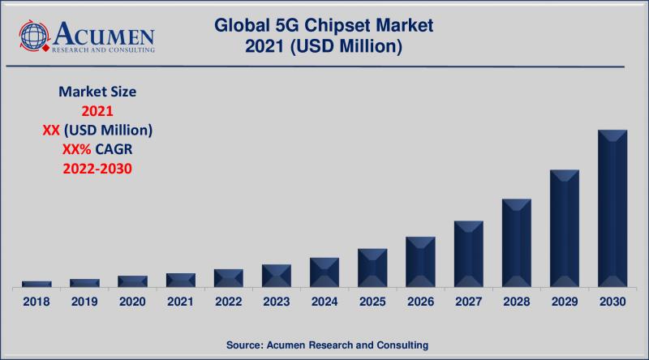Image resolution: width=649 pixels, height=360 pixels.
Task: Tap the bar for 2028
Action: (x=516, y=242)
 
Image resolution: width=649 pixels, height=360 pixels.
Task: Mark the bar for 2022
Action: (x=229, y=278)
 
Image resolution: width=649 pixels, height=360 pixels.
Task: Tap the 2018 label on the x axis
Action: (x=37, y=302)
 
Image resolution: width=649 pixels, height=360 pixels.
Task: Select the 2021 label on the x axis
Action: (x=180, y=302)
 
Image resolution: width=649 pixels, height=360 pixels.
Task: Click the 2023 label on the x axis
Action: (x=277, y=302)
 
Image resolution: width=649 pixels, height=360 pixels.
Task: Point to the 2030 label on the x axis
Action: (x=612, y=302)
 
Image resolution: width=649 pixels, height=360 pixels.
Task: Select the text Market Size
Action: (x=97, y=92)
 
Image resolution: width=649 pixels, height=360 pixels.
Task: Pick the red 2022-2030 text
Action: (x=97, y=169)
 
